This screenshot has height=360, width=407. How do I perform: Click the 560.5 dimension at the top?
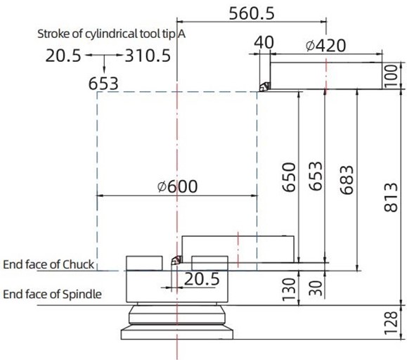tap(251, 13)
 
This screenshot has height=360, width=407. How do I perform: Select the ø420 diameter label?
tap(325, 46)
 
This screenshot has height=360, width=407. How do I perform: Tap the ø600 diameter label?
tap(178, 186)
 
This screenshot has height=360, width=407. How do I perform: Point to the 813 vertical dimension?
tap(391, 198)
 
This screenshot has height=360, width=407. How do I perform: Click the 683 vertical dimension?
tap(347, 180)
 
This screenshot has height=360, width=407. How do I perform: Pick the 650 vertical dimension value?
tap(289, 177)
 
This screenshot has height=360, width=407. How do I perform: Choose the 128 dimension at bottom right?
tap(391, 323)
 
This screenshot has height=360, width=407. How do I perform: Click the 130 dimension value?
tap(289, 290)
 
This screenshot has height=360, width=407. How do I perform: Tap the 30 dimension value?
tap(316, 288)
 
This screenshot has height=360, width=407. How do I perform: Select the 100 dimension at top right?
tap(391, 77)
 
